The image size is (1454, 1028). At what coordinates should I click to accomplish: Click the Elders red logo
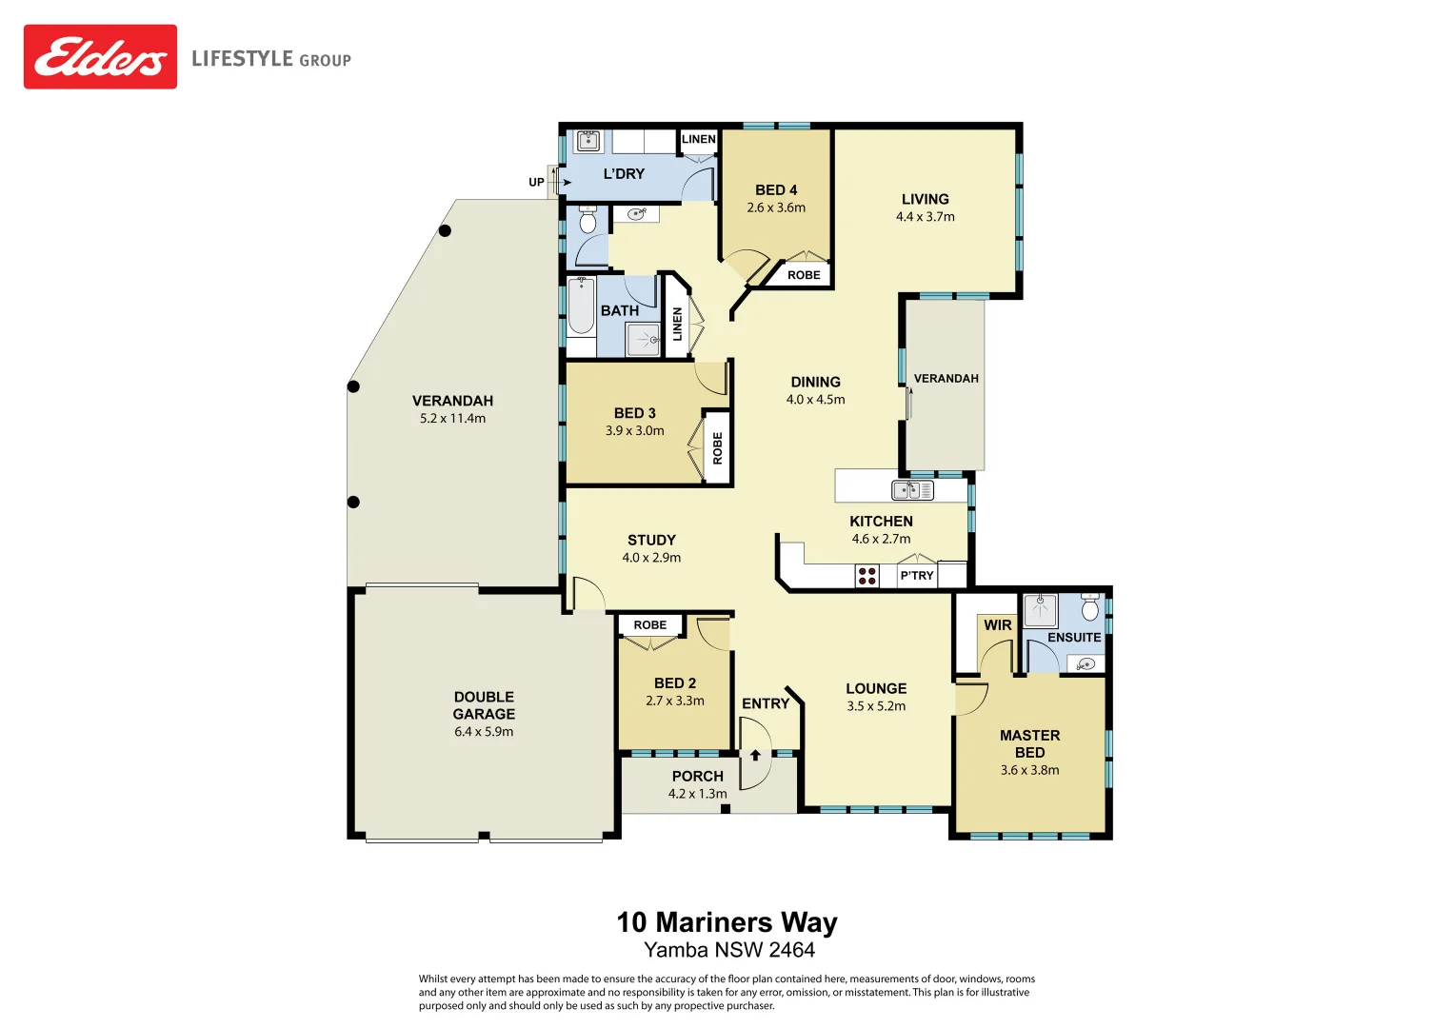[100, 57]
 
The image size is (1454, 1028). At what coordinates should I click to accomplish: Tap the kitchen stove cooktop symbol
[866, 576]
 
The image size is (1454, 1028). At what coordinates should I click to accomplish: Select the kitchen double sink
[912, 490]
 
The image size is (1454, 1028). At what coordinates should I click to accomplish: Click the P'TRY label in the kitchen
[917, 576]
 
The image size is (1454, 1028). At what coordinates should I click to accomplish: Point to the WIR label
[998, 625]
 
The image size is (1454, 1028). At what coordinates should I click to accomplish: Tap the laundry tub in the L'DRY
[588, 141]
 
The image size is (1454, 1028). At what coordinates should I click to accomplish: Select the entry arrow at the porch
[755, 755]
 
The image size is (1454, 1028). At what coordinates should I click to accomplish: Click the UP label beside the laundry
[536, 182]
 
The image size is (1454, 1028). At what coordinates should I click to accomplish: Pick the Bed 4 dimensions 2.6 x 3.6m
[776, 208]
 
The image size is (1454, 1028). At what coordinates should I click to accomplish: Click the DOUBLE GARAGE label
[484, 705]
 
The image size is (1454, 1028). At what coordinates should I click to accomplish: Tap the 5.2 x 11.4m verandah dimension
[452, 419]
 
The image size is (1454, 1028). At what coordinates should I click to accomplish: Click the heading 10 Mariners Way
[727, 922]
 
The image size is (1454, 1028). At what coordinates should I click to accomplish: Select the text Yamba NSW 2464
[728, 950]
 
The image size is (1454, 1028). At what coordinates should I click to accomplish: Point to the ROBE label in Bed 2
[650, 625]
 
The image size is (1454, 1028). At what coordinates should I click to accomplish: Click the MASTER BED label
[1029, 743]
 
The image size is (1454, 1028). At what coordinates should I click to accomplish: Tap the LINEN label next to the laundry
[699, 139]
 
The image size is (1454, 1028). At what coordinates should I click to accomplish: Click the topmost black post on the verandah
[445, 230]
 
